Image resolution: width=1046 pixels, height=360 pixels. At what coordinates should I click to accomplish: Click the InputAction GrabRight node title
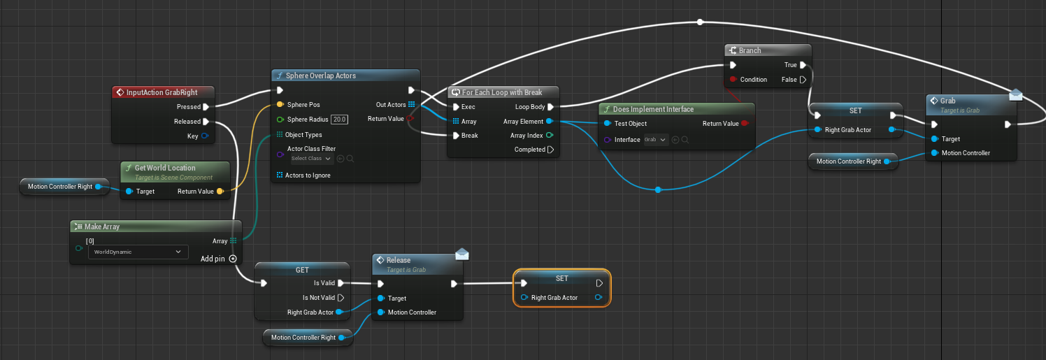pyautogui.click(x=162, y=92)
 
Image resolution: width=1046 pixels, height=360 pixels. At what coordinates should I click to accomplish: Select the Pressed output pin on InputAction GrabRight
pyautogui.click(x=206, y=107)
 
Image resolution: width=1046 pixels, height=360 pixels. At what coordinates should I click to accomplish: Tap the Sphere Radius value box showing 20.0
pyautogui.click(x=340, y=120)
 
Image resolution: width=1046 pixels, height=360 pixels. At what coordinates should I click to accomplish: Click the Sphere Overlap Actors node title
pyautogui.click(x=321, y=75)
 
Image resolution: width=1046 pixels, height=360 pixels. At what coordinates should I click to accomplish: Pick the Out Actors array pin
pyautogui.click(x=411, y=105)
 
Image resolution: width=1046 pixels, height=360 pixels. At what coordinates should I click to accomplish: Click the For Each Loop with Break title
pyautogui.click(x=501, y=92)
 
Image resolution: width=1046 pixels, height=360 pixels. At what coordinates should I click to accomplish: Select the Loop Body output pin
pyautogui.click(x=551, y=107)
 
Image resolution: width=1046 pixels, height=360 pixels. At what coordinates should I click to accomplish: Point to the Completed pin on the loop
pyautogui.click(x=551, y=150)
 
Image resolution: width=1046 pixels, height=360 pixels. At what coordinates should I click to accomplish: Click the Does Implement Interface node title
pyautogui.click(x=653, y=109)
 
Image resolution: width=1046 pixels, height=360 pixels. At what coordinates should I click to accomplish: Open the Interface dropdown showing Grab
pyautogui.click(x=656, y=140)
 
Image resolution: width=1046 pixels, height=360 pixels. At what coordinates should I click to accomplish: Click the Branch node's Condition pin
pyautogui.click(x=732, y=80)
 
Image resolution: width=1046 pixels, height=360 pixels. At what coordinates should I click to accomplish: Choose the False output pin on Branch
pyautogui.click(x=803, y=80)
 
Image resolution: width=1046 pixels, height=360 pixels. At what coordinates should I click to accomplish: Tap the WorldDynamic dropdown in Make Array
pyautogui.click(x=137, y=252)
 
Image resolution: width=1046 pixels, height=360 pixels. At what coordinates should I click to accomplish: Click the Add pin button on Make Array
pyautogui.click(x=233, y=259)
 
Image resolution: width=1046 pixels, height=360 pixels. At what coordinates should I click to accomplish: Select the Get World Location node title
pyautogui.click(x=165, y=168)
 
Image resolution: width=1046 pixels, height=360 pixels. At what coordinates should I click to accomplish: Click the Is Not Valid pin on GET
pyautogui.click(x=341, y=298)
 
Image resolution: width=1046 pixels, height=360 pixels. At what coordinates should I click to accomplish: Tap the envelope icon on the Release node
pyautogui.click(x=461, y=254)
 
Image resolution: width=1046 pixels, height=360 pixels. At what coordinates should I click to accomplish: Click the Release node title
pyautogui.click(x=399, y=260)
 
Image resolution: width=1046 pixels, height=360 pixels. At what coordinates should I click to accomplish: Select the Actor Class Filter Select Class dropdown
pyautogui.click(x=311, y=159)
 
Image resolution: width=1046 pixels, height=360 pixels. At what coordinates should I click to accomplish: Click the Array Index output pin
pyautogui.click(x=550, y=136)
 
